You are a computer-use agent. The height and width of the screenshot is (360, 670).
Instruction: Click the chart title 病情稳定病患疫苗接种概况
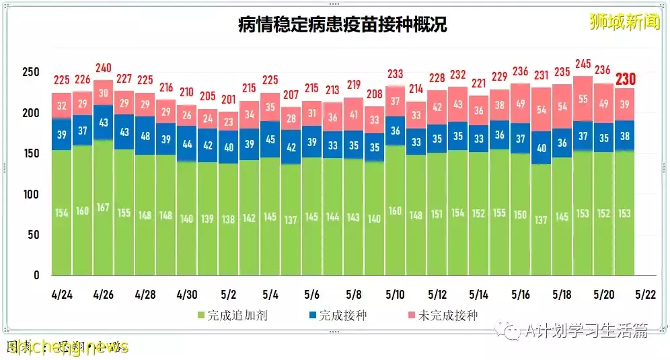tap(342, 25)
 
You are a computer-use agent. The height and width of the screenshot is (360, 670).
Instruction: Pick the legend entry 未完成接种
tap(443, 315)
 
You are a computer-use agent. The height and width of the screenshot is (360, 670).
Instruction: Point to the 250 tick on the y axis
tap(32, 72)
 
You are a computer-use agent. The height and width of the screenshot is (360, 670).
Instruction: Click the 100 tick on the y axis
tap(32, 194)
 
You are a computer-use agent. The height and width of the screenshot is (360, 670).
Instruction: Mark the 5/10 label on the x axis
tap(396, 295)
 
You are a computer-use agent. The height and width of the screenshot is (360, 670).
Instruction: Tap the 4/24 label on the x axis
tap(62, 295)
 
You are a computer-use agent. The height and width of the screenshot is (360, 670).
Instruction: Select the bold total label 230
tap(625, 79)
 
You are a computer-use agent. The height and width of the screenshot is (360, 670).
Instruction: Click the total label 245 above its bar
tap(583, 65)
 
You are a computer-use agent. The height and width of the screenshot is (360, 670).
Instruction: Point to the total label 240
tap(103, 68)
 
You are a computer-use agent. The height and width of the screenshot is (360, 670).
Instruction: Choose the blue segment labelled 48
tap(145, 135)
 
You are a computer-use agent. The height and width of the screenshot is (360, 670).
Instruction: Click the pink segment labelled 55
tap(583, 98)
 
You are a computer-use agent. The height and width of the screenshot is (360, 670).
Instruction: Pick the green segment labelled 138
tap(229, 219)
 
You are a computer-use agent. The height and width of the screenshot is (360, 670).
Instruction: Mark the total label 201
tap(229, 100)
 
